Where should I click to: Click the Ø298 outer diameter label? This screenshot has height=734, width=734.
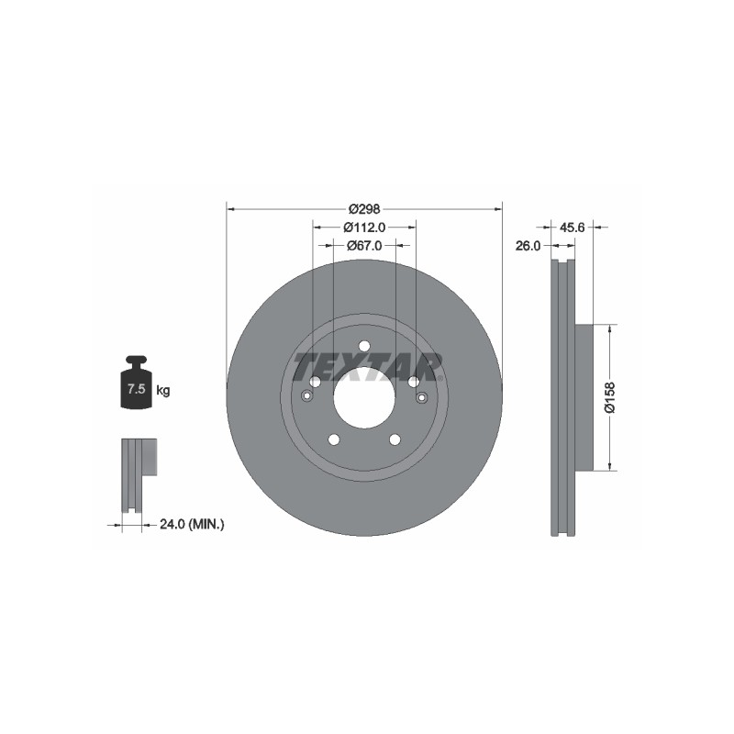pos(364,209)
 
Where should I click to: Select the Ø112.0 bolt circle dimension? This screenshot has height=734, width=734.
pos(364,228)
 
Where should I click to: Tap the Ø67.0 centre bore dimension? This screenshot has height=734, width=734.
pos(364,245)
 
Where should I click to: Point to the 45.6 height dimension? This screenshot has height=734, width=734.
pos(572,228)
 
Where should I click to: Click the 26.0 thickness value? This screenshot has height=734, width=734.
pos(528,245)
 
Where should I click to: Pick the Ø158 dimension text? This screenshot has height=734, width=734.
pos(610,397)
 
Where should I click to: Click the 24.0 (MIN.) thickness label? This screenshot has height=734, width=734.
pos(192,524)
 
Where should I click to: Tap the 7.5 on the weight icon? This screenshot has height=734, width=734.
pos(136,388)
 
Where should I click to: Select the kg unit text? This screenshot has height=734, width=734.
pos(163,390)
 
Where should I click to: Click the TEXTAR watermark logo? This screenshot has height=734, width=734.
pos(367,367)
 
